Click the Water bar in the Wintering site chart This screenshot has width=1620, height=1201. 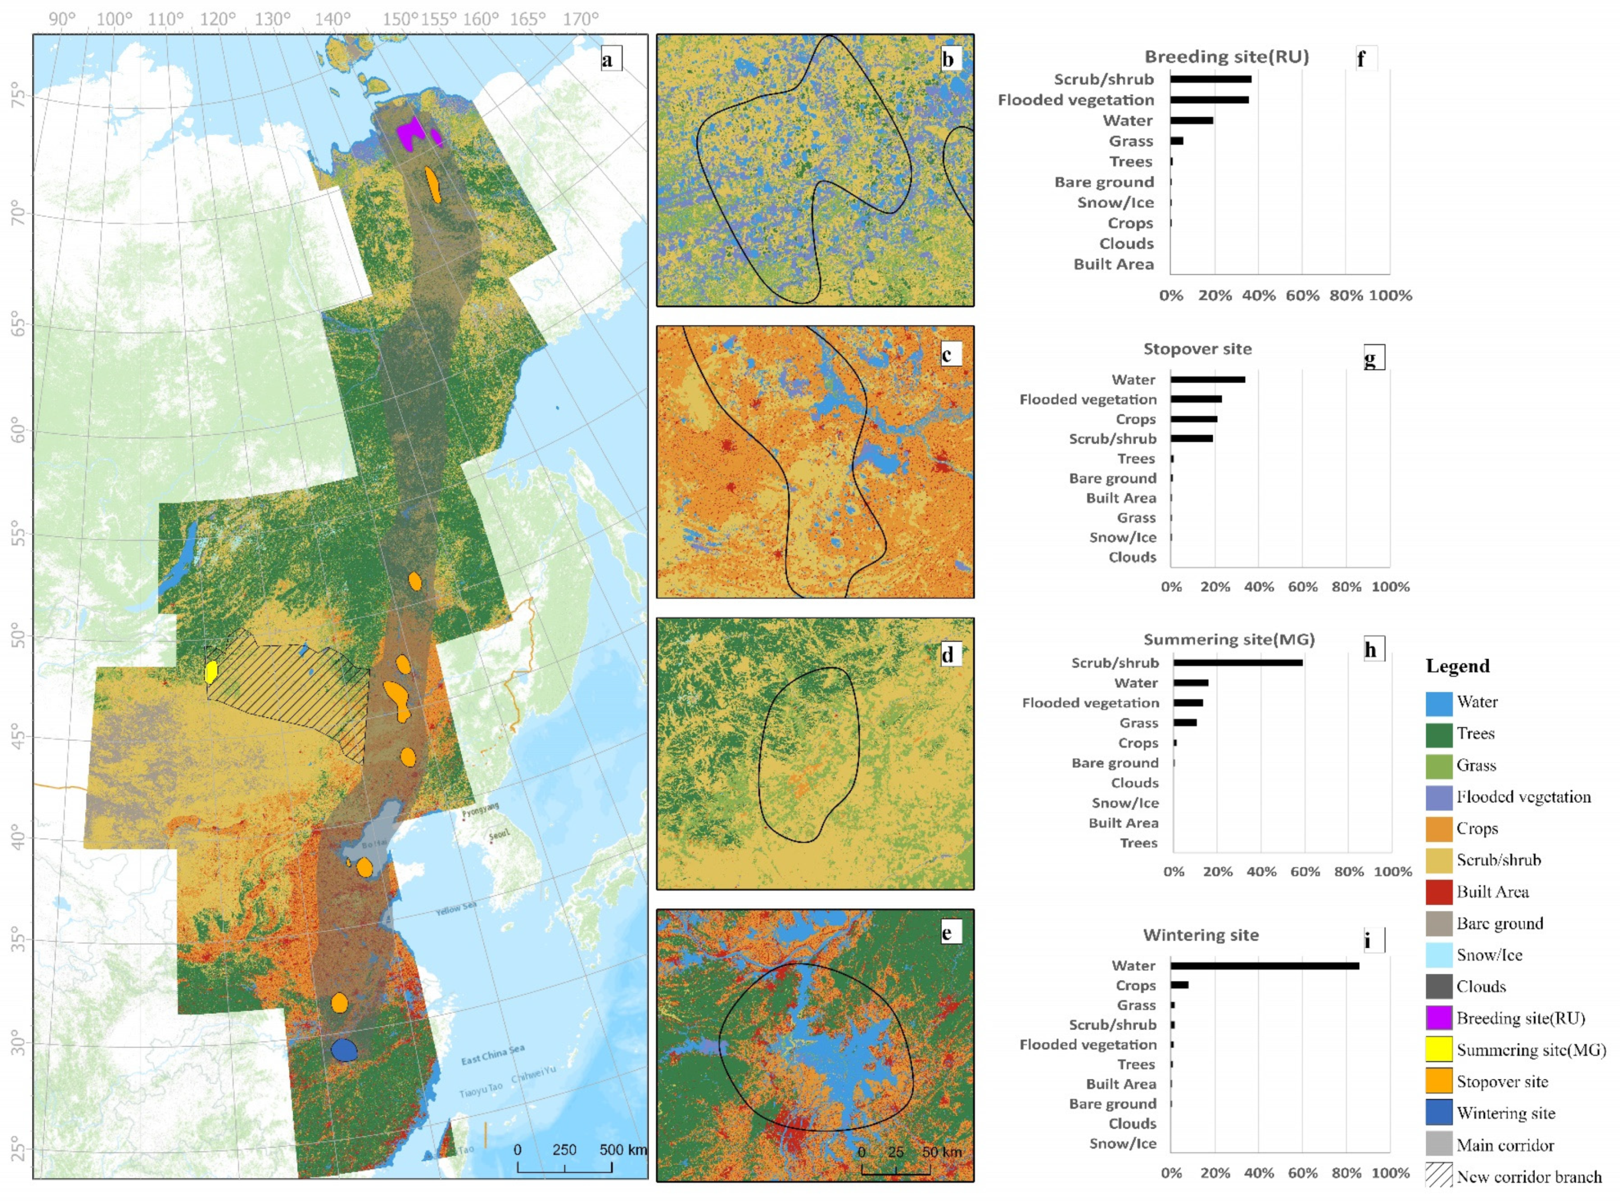pos(1264,966)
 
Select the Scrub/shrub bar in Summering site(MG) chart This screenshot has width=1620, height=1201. pos(1237,662)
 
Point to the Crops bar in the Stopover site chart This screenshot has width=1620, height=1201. pos(1193,419)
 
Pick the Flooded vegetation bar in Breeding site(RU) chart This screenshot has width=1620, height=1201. pos(1209,99)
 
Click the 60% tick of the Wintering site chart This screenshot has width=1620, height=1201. pos(1302,1173)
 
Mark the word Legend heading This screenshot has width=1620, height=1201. pos(1457,666)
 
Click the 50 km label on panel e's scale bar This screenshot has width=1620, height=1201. pos(941,1152)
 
